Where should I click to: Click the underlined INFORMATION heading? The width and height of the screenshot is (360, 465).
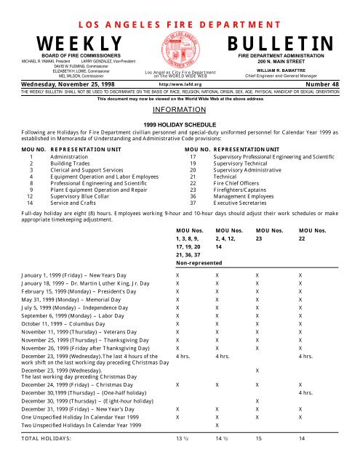tap(179, 112)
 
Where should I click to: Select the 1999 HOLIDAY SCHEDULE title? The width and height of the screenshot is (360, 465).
tap(179, 125)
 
